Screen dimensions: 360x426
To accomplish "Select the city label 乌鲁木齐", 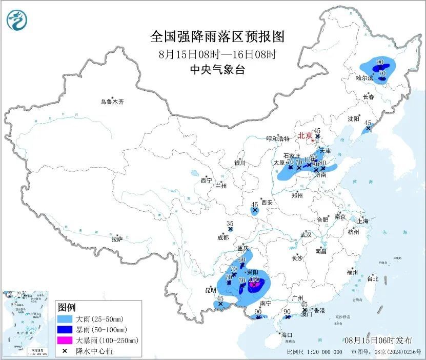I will pos(112,102).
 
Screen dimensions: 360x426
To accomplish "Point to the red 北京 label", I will pos(305,136).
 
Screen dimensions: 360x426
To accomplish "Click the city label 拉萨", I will pos(117,239).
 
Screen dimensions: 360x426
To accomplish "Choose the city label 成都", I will pos(222,237).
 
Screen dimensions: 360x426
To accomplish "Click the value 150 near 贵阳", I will pos(254,279).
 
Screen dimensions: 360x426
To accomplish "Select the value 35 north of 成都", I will pos(230,224).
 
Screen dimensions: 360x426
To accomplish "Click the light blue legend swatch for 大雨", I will pos(65,318).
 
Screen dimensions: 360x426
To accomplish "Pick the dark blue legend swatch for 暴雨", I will pos(65,329).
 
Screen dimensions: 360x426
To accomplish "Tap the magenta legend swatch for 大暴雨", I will pos(65,340).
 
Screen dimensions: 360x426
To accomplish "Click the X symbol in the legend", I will pos(65,351).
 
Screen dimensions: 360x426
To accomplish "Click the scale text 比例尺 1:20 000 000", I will pos(315,352).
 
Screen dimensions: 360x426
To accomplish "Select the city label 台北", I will pos(372,279).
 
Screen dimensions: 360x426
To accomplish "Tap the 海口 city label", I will pos(287,335).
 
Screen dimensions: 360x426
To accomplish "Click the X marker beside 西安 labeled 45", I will pos(255,210).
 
